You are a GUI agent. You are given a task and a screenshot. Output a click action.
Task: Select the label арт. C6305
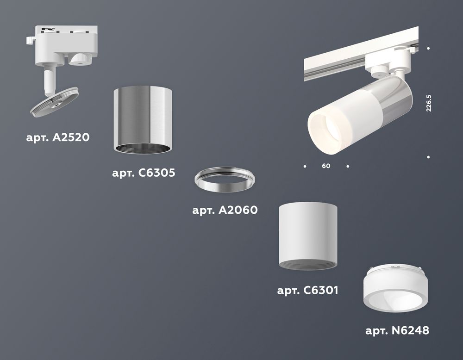tap(144, 174)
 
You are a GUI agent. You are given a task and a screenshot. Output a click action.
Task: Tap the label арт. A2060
tap(225, 210)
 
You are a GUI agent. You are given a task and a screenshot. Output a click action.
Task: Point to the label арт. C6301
tap(307, 291)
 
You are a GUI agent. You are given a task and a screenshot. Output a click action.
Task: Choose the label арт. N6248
tap(397, 330)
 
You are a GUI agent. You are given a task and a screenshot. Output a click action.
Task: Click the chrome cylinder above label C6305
tap(144, 119)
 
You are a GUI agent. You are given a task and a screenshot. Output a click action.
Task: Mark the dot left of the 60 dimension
tap(305, 166)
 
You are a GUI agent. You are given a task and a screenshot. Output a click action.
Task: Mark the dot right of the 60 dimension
tap(348, 166)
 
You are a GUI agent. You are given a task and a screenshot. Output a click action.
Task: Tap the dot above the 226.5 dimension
tap(429, 49)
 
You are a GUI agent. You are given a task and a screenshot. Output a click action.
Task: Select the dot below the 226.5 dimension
tap(429, 157)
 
